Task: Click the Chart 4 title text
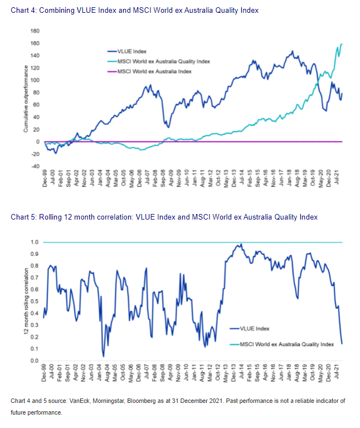134,11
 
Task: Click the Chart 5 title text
164,217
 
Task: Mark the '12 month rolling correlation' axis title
26,301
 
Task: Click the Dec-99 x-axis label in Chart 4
45,180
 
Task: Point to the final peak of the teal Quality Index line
341,44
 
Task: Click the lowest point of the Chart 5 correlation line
103,356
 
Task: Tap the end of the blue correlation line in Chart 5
342,344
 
